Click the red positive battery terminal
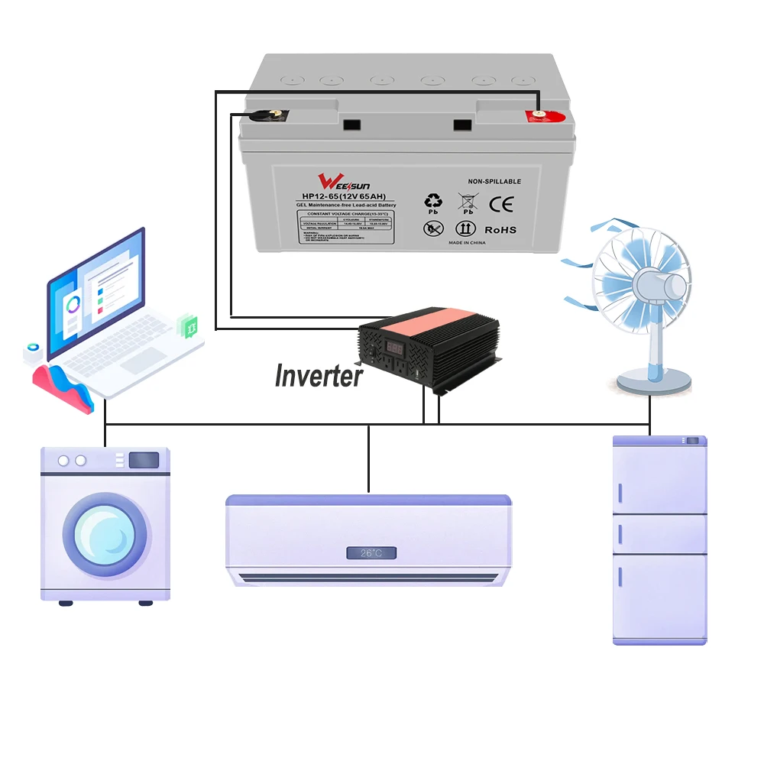coord(540,115)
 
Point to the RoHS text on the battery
coord(500,229)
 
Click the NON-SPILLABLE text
coord(494,181)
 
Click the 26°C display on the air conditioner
coord(369,552)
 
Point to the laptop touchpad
coord(143,360)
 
